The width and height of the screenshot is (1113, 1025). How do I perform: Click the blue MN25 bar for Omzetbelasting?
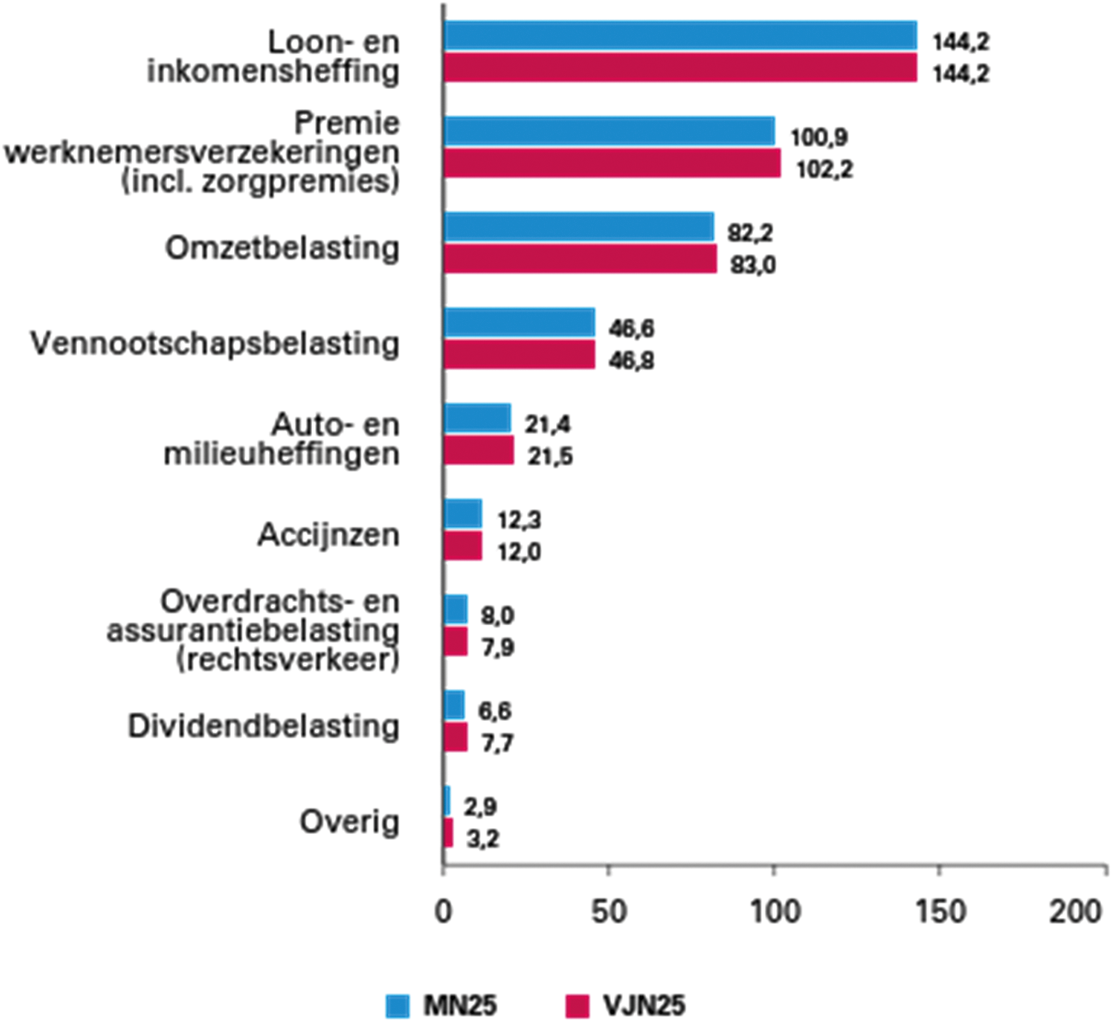[x=578, y=227]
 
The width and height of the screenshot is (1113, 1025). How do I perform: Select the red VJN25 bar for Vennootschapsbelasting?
[x=519, y=355]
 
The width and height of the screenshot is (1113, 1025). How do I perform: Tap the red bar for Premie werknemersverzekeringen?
[x=612, y=163]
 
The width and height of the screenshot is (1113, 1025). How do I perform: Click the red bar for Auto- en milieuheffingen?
[x=478, y=450]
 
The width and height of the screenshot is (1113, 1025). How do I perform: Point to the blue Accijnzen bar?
[x=463, y=514]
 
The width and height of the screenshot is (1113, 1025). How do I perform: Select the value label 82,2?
[x=751, y=233]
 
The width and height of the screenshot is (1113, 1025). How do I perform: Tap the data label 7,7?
[x=497, y=743]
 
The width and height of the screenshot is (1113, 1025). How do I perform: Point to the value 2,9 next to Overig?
[x=480, y=807]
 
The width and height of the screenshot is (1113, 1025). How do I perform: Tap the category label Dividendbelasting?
[x=264, y=726]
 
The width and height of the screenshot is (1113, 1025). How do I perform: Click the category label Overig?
[x=349, y=822]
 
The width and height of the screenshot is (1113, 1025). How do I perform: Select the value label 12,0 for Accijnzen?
[x=519, y=552]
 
